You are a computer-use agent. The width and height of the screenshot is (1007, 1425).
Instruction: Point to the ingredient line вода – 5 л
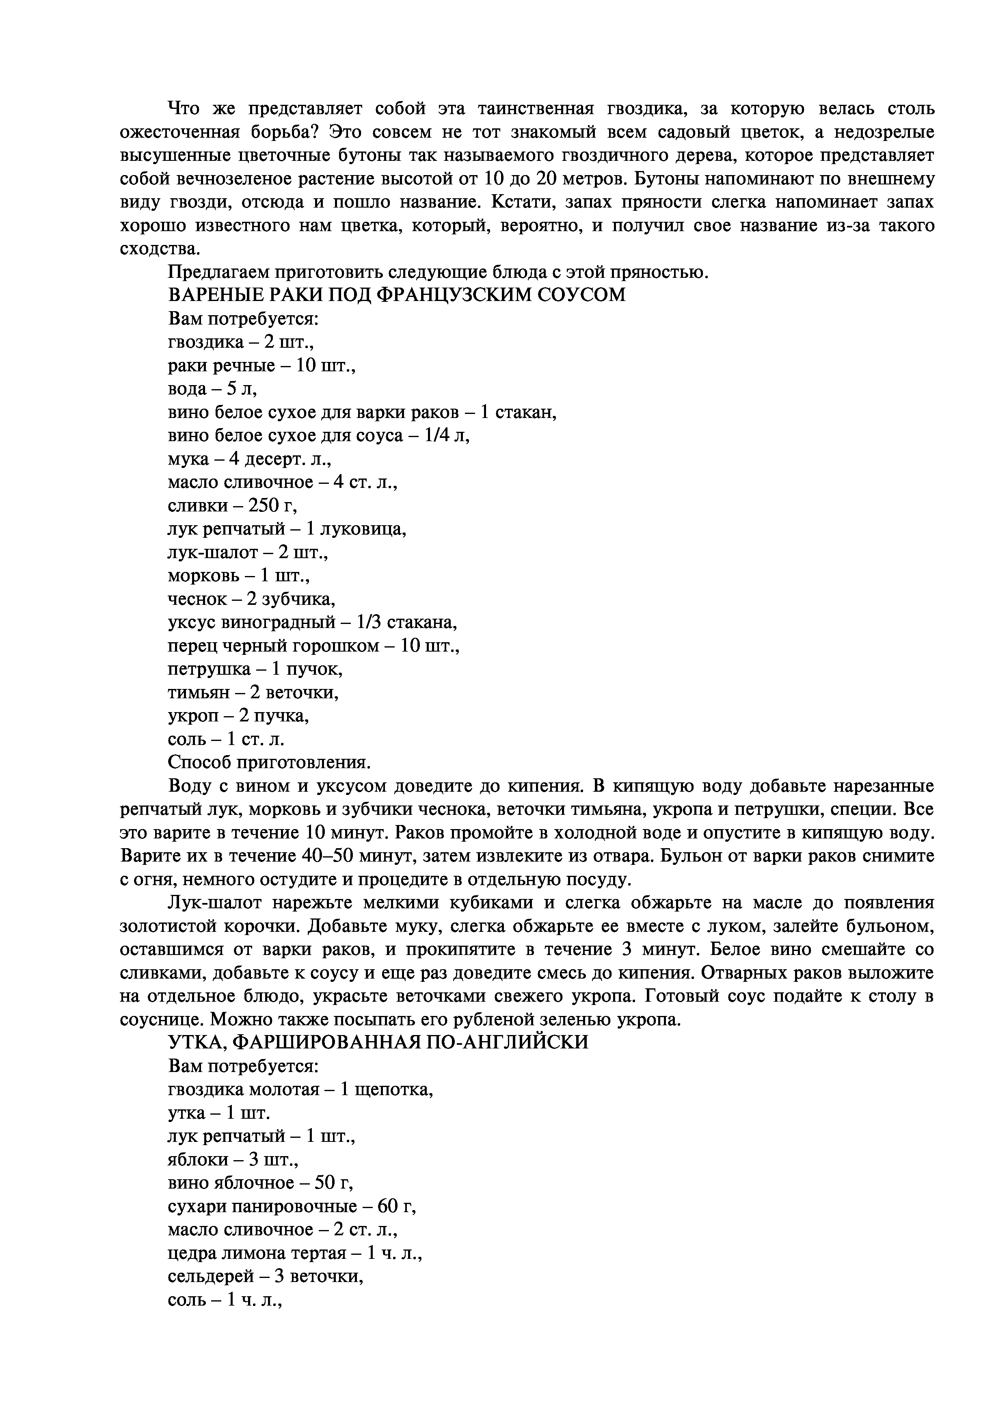[212, 389]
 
